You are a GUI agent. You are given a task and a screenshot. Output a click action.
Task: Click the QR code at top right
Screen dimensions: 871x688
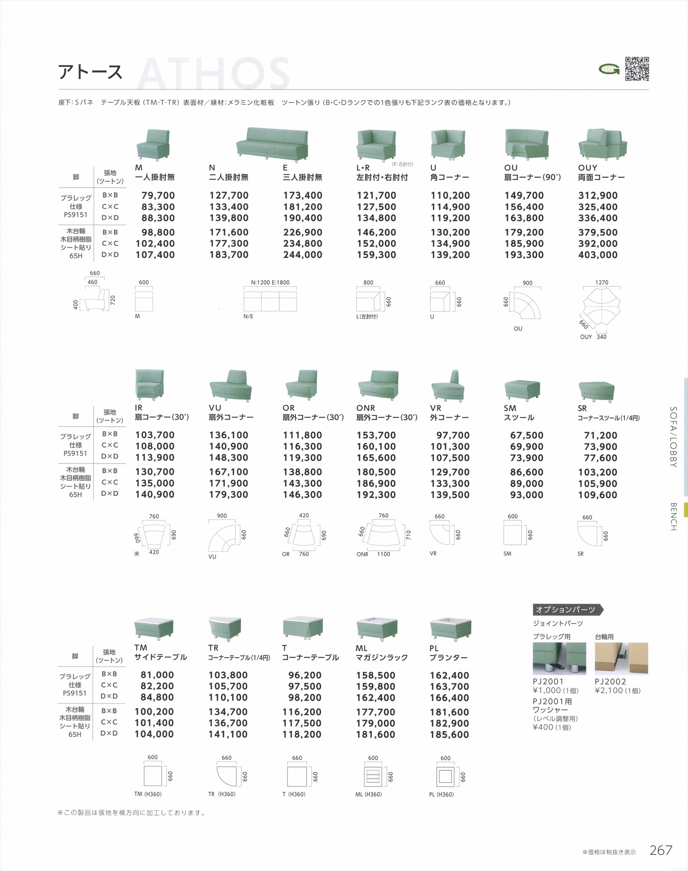click(x=637, y=69)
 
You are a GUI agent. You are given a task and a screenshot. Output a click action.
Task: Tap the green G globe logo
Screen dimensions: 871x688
click(x=609, y=69)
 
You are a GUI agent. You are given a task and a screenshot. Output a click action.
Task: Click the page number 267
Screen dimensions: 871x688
click(x=660, y=850)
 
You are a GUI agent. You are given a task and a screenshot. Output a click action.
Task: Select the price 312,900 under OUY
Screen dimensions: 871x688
click(x=597, y=196)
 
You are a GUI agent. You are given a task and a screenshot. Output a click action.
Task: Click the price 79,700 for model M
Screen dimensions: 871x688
click(x=158, y=196)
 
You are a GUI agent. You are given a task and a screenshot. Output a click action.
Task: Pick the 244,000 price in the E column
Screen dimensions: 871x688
click(x=302, y=255)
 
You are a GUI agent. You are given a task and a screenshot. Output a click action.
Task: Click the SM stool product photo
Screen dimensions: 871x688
click(x=522, y=389)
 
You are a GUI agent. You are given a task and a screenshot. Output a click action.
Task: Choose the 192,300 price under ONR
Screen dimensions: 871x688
click(x=376, y=495)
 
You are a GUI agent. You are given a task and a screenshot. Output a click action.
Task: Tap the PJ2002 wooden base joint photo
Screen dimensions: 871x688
click(x=621, y=658)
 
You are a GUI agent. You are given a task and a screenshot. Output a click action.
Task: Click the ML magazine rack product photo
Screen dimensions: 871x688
click(x=376, y=629)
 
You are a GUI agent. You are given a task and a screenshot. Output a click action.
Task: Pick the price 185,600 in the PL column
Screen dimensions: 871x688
click(x=449, y=734)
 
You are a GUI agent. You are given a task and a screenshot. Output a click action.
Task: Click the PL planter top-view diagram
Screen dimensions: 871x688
click(x=445, y=776)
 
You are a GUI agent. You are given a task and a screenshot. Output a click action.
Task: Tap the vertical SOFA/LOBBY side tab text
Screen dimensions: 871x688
click(x=674, y=437)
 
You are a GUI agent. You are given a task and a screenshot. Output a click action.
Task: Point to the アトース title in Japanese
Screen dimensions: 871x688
click(x=91, y=72)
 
